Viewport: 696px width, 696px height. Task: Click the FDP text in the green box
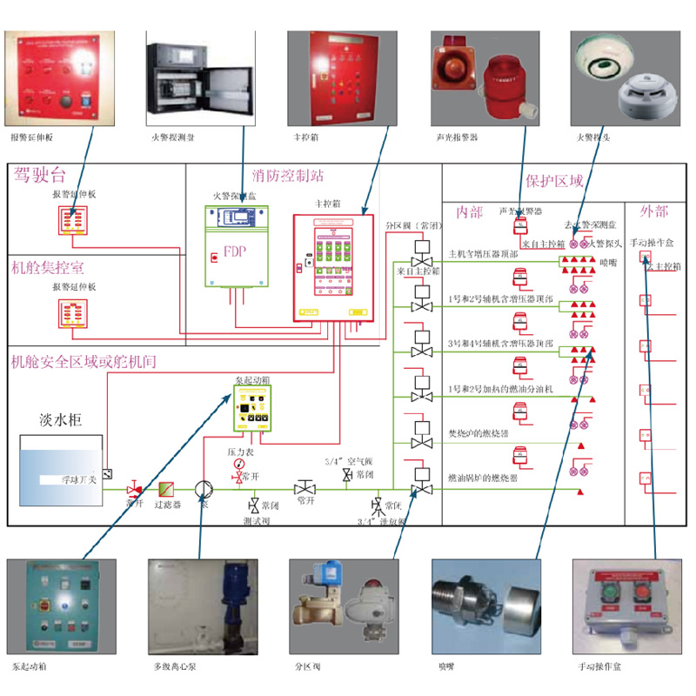coord(235,252)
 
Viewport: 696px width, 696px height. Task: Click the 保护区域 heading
coord(554,181)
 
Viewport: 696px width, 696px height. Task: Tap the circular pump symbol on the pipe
coord(203,489)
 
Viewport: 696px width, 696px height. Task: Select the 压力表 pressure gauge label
coord(239,452)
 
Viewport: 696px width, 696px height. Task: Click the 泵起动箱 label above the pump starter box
coord(251,381)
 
